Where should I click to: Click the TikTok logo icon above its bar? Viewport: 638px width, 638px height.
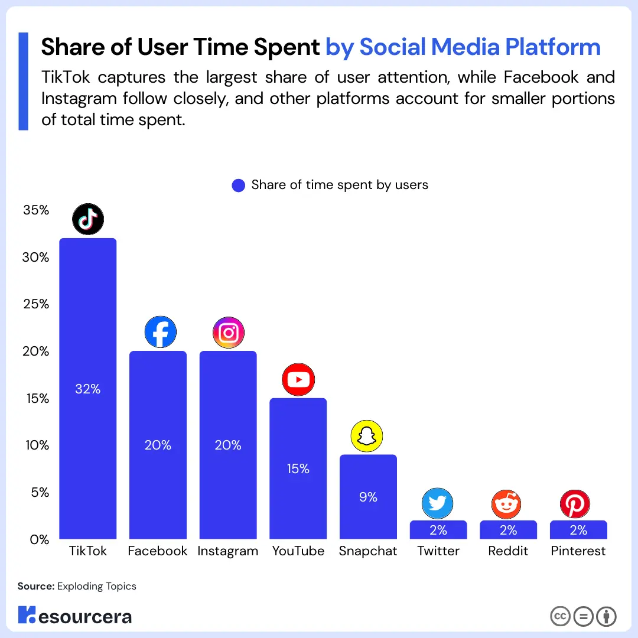pos(88,220)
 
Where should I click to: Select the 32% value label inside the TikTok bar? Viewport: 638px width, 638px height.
pos(88,389)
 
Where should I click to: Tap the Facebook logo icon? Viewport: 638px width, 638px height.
pos(160,333)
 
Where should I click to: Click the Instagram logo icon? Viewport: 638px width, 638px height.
pos(228,333)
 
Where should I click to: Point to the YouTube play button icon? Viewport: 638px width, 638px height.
pos(298,379)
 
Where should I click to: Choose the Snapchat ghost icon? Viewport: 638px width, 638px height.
pos(367,437)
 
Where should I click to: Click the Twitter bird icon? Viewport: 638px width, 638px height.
pos(437,503)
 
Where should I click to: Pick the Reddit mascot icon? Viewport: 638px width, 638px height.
pos(507,504)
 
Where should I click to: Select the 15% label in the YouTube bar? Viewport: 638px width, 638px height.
pos(298,468)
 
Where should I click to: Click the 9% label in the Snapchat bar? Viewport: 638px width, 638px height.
pos(368,497)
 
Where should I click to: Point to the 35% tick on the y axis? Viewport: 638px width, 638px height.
pos(36,211)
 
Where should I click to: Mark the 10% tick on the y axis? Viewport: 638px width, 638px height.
pos(36,445)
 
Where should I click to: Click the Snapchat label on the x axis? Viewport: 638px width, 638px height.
pos(368,551)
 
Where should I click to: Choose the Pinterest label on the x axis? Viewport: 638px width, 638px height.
pos(578,551)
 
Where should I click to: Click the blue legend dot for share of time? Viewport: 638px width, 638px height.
pos(239,185)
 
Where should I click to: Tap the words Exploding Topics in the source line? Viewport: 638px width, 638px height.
pos(96,586)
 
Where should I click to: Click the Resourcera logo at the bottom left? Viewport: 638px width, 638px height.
pos(74,616)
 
